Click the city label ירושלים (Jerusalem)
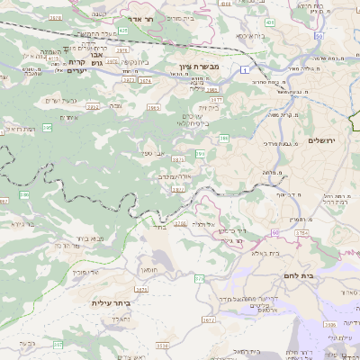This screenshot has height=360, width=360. pos(320,141)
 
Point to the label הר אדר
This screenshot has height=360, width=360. pos(165,18)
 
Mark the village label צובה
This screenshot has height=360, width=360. pos(115,106)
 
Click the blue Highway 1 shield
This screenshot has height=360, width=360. pos(244,68)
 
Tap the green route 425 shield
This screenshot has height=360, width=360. pos(122,31)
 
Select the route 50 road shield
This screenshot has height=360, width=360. pos(320,35)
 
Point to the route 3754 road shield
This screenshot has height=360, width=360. pos(301,232)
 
